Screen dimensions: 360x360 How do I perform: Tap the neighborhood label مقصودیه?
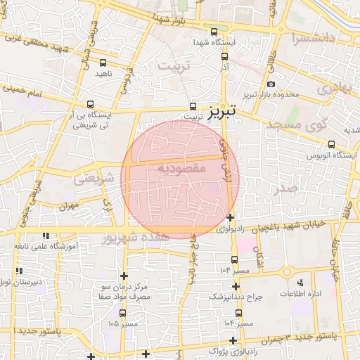(181, 169)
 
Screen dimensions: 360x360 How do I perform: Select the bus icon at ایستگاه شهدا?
(214, 32)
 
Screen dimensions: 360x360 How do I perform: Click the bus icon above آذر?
(224, 56)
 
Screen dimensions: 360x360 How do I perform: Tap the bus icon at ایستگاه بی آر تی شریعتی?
(92, 104)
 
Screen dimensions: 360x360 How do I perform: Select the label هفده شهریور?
(136, 238)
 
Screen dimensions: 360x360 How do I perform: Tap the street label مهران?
(67, 209)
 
